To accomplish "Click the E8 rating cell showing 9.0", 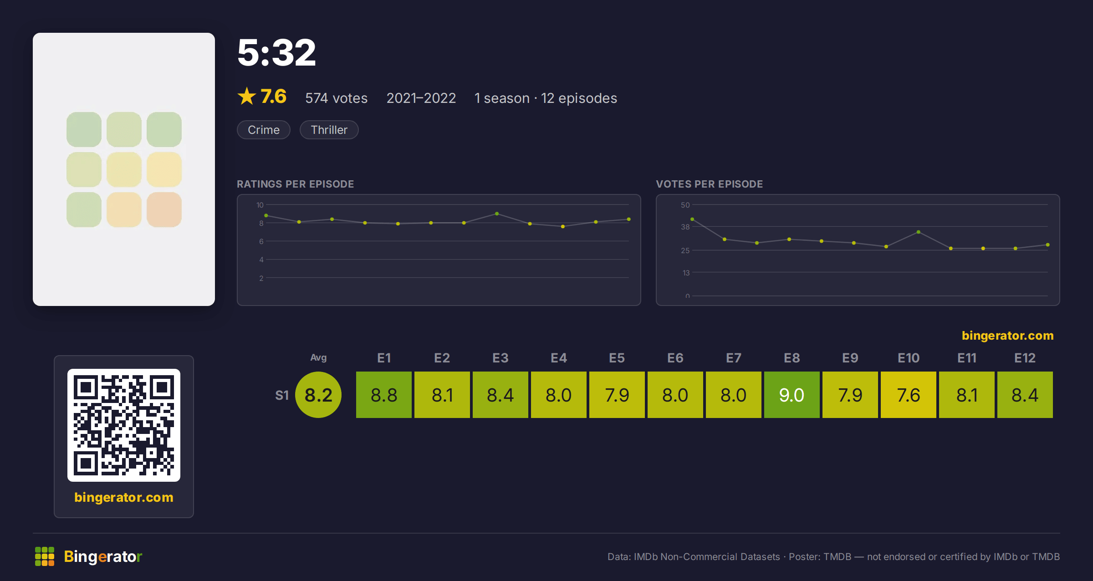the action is (792, 395).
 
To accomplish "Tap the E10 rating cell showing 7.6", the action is (909, 395).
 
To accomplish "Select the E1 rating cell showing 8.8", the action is (384, 395).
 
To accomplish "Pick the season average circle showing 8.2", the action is (318, 395).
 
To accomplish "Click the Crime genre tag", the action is (264, 130).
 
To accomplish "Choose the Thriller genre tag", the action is (329, 130).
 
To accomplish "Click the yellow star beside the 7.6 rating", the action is (247, 96).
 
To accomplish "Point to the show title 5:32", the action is (276, 53).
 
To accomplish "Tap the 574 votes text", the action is (336, 98).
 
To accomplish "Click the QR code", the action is (124, 425).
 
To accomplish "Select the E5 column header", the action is (617, 358).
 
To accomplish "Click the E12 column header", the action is (1025, 358).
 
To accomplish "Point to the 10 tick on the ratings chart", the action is (260, 205).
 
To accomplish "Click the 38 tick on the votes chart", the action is (685, 227).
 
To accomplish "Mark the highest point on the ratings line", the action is (497, 214).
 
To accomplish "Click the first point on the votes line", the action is (692, 219).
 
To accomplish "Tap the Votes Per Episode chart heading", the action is (710, 184).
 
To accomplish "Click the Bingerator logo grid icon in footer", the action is (45, 556).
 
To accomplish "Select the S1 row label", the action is (282, 395).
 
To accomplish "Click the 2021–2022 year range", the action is (421, 98).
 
